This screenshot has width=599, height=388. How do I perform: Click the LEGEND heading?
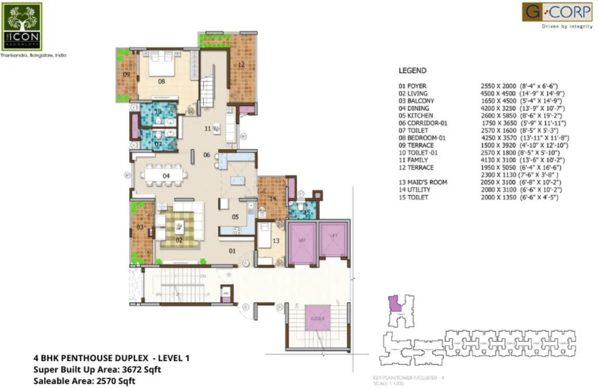tap(413, 70)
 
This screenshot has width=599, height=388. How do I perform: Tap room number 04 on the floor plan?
tap(166, 176)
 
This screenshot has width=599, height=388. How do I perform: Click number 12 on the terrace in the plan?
tap(241, 65)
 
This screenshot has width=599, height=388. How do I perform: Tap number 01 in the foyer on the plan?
tap(232, 251)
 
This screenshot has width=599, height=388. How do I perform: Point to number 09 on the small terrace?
tap(126, 74)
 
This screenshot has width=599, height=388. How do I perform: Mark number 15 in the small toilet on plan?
tap(307, 212)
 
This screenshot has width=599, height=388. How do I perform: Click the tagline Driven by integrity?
tap(567, 26)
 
